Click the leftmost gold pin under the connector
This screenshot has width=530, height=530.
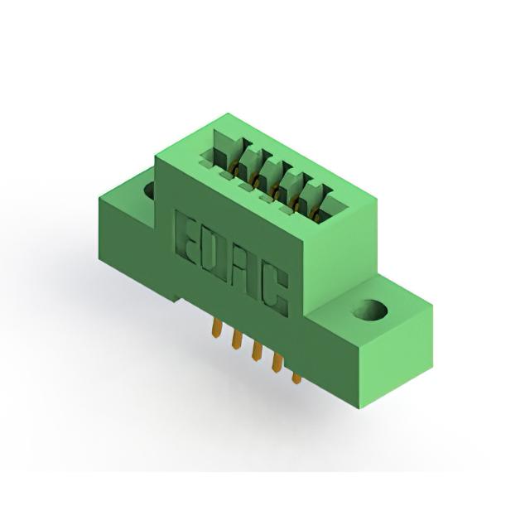217,328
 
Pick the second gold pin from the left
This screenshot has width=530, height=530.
237,340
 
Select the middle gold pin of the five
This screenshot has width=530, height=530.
257,351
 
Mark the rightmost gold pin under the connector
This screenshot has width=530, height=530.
296,378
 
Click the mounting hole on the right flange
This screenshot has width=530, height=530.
370,310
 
